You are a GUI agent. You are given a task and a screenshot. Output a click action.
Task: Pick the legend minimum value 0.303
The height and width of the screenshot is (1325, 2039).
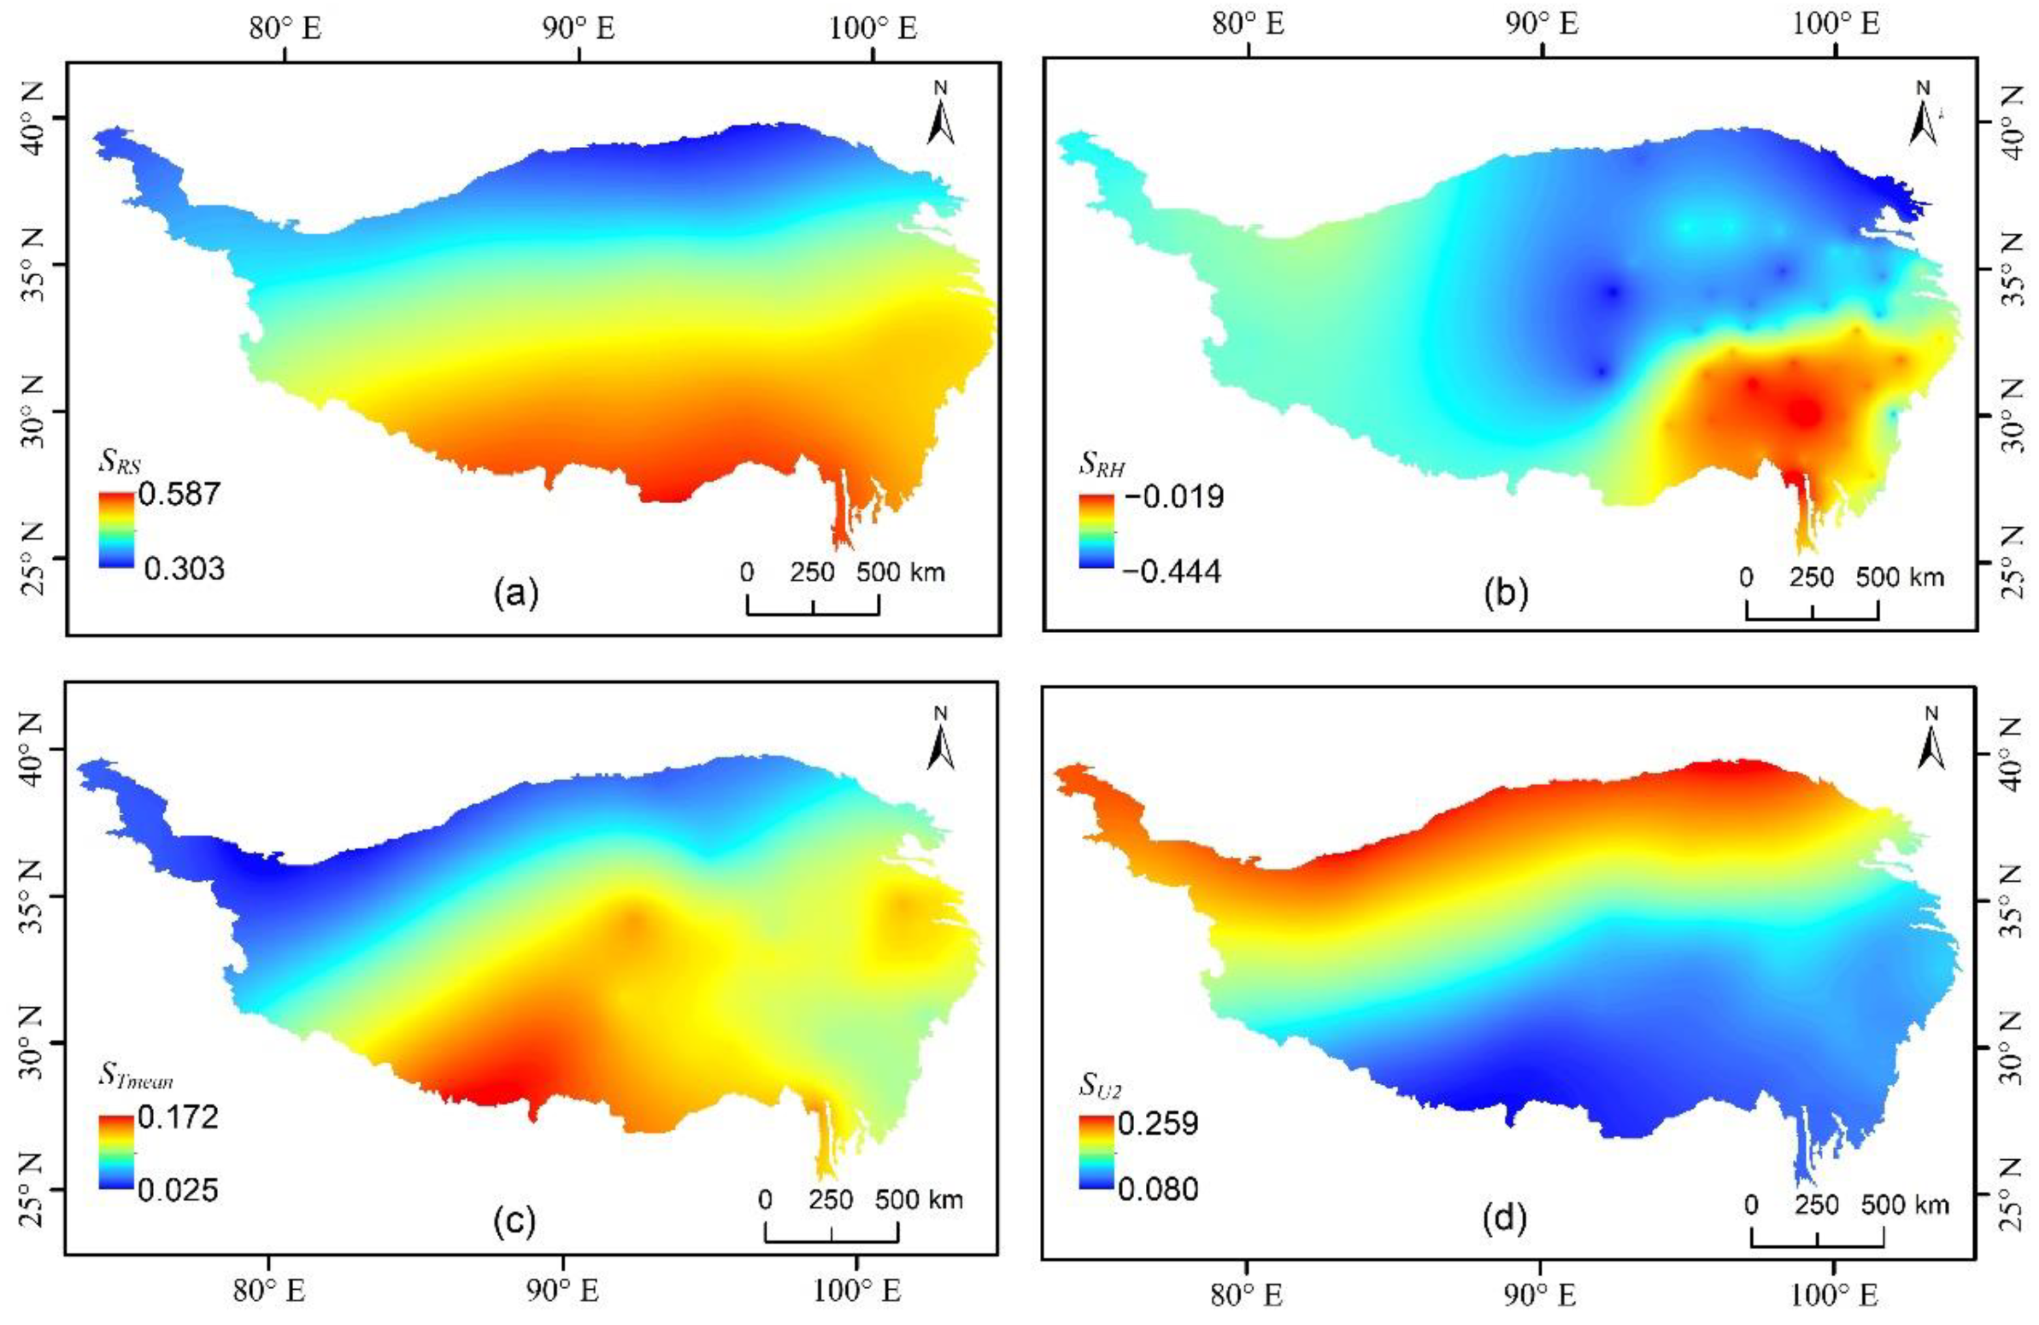[x=183, y=568]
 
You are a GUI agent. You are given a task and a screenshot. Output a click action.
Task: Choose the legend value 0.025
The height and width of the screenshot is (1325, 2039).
[x=179, y=1190]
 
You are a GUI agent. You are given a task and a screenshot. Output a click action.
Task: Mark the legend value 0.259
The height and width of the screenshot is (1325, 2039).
[x=1158, y=1123]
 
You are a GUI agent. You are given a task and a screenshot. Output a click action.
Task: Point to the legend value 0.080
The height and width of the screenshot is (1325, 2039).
[x=1158, y=1189]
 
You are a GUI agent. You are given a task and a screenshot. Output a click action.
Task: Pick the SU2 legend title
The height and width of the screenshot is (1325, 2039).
[x=1100, y=1086]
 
